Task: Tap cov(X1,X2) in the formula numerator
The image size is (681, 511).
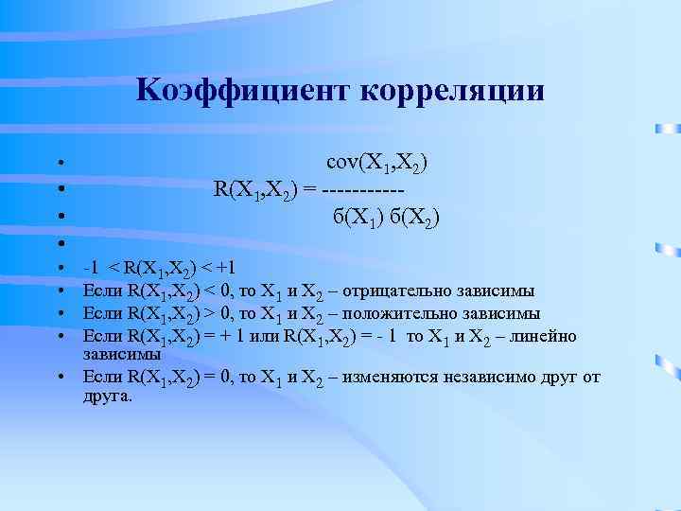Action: click(376, 164)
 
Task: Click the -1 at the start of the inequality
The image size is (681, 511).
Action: click(91, 267)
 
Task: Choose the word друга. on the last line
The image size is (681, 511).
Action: click(107, 396)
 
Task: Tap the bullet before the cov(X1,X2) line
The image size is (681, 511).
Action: click(59, 166)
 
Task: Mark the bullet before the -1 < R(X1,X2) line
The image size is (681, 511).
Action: click(59, 268)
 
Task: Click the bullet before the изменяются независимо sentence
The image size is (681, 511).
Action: click(59, 379)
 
